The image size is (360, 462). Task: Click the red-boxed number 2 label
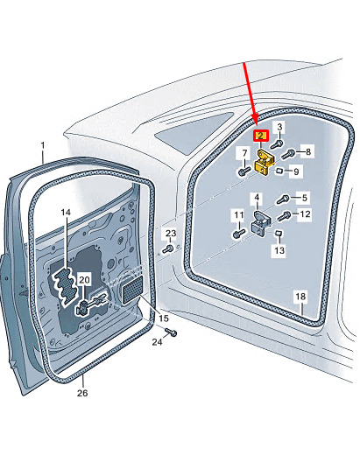pos(261,136)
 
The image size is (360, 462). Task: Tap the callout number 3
pos(279,127)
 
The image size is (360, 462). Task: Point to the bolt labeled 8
pos(288,154)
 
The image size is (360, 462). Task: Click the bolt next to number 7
pos(243,171)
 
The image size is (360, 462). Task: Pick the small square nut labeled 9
pos(279,170)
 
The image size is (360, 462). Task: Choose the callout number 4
pos(258,197)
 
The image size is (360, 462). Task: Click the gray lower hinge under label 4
pos(261,223)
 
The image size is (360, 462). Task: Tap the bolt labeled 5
pos(284,199)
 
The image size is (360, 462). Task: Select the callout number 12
pos(305,213)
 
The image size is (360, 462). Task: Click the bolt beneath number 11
pos(239,234)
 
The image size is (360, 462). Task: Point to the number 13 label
pos(279,250)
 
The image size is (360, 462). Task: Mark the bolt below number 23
pos(168,249)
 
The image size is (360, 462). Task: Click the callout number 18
pos(300,296)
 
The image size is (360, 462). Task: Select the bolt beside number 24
pos(171,332)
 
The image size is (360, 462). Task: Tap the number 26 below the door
pos(82,393)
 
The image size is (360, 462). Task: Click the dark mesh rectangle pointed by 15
pos(132,290)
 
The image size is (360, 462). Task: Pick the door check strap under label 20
pos(92,304)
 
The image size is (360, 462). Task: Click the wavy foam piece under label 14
pos(66,284)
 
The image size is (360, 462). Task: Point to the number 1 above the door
pos(43,145)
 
